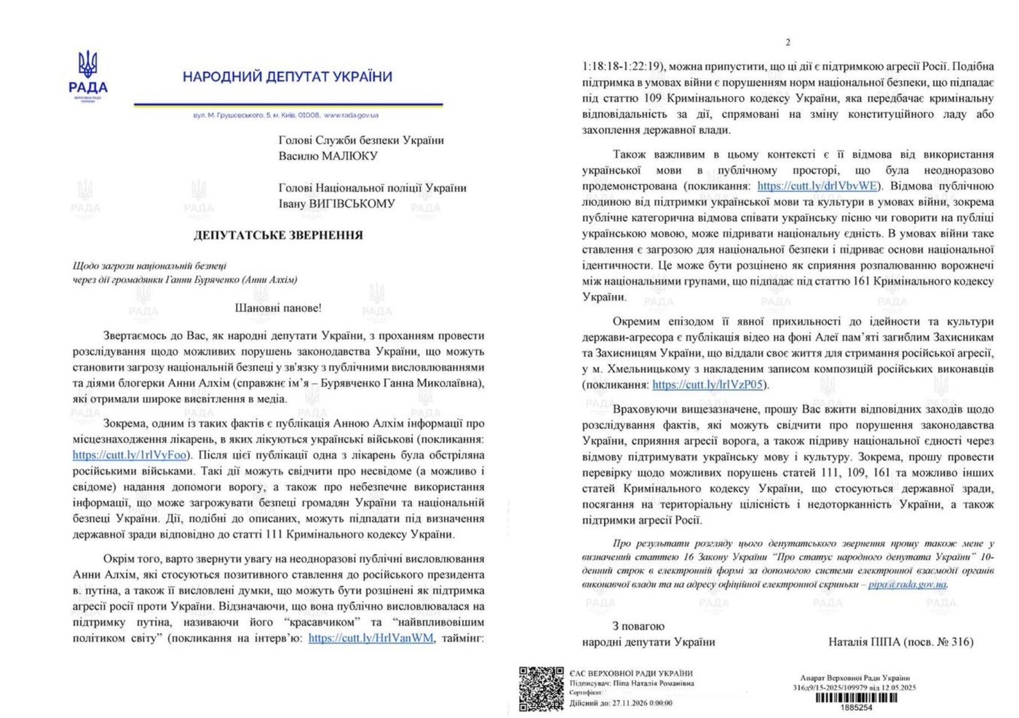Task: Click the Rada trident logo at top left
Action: coord(88,66)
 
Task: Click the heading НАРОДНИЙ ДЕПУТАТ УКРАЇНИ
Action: coord(287,76)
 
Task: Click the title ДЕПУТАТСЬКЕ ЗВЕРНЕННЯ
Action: coord(278,235)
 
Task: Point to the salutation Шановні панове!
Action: coord(278,308)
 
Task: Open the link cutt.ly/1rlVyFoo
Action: coord(130,455)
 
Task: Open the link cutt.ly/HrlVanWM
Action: coord(370,638)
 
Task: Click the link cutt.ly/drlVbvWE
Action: coord(817,186)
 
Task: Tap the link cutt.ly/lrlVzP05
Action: coord(707,384)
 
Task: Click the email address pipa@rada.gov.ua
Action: coord(907,584)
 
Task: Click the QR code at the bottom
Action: coord(541,688)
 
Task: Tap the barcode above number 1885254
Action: coord(855,697)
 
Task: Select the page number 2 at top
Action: coord(788,42)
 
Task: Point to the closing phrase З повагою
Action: coord(638,626)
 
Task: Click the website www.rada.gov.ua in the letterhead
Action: coord(351,115)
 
